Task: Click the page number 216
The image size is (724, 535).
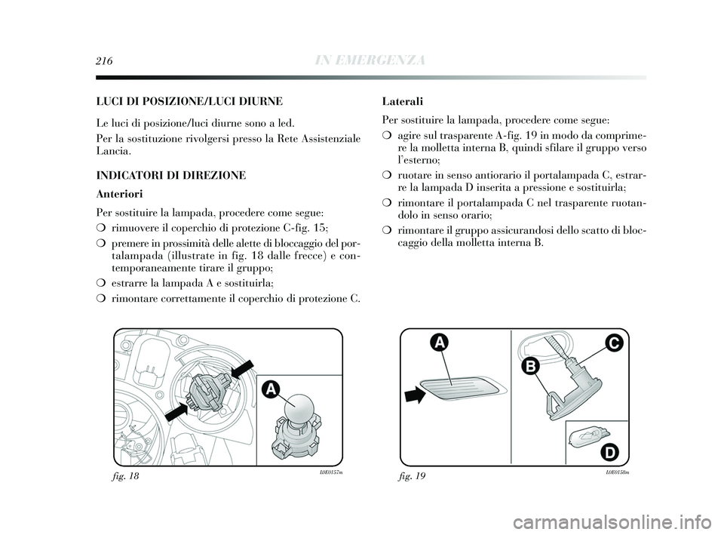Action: tap(104, 61)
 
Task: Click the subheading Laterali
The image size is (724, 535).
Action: tap(403, 100)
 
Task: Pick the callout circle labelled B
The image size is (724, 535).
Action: tap(530, 367)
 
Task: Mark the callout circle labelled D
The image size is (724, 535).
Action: tap(610, 453)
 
